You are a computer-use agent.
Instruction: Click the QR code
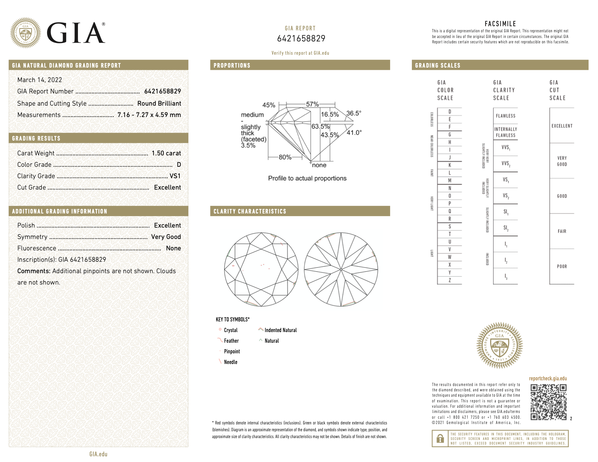point(548,402)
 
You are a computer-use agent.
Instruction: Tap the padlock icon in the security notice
point(440,439)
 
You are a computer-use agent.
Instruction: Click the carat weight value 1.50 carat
point(166,153)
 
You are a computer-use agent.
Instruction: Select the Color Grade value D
point(179,165)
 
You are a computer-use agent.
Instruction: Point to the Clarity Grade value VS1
point(175,176)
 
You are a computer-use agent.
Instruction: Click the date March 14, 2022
point(40,80)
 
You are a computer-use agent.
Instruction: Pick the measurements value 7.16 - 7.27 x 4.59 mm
point(149,115)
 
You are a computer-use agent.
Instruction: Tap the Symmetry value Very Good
point(166,237)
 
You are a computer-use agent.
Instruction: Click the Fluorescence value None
point(173,248)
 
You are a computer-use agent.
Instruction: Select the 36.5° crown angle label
point(354,113)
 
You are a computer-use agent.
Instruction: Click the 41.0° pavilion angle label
point(354,133)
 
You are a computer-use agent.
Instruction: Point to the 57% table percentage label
point(312,104)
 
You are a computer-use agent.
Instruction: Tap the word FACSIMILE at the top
point(500,24)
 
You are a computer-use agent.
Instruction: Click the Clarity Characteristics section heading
point(250,211)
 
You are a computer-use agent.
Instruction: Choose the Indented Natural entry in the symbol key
point(280,330)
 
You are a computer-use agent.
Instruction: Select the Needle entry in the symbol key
point(230,362)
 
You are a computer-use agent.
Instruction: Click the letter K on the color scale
point(449,165)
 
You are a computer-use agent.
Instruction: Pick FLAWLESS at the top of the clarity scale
point(505,116)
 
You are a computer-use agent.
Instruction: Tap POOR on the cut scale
point(562,266)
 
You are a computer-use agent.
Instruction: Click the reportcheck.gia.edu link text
point(547,378)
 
